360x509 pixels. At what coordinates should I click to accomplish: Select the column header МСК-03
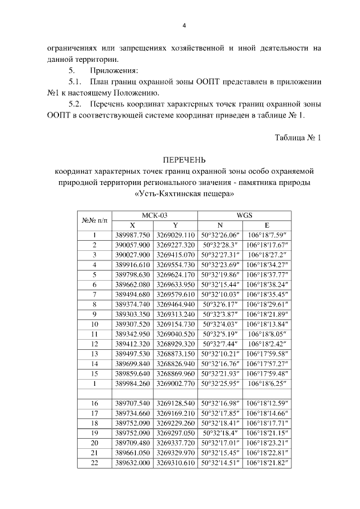[x=155, y=215]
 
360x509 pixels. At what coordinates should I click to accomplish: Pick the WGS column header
[x=244, y=215]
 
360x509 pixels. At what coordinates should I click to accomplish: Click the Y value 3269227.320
[x=175, y=245]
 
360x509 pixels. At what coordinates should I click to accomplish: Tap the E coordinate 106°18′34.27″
[x=267, y=264]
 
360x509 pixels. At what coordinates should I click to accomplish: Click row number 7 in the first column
[x=94, y=294]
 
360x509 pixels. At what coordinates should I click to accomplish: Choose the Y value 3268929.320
[x=175, y=343]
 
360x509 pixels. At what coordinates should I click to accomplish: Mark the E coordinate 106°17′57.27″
[x=267, y=363]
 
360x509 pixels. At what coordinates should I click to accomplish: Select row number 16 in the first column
[x=94, y=403]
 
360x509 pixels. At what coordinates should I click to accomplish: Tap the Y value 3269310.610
[x=175, y=463]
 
